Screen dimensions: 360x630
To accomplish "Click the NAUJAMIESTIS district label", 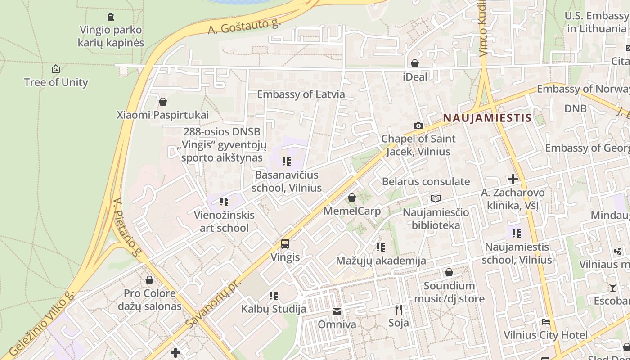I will (487, 118).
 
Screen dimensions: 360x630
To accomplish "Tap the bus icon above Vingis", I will (285, 244).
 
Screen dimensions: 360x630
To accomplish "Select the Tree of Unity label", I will (56, 82).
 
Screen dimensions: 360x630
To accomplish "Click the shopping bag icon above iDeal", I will (415, 63).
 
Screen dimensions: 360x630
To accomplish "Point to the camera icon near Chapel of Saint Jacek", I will (418, 126).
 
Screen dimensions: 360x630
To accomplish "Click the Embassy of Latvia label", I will (301, 94).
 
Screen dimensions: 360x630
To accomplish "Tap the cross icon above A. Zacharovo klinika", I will (513, 179).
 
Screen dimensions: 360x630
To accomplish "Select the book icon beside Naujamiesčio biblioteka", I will (435, 198).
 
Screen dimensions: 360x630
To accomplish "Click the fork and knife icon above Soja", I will (398, 309).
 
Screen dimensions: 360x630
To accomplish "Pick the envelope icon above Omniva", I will (337, 311).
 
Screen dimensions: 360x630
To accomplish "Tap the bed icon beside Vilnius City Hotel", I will (545, 321).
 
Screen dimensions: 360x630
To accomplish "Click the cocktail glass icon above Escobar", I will (612, 287).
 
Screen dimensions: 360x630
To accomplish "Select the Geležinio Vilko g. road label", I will (41, 324).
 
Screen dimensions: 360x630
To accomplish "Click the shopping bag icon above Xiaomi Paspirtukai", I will (163, 102).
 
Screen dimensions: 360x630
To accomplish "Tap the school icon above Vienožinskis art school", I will (224, 201).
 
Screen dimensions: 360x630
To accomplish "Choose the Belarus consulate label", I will (426, 182).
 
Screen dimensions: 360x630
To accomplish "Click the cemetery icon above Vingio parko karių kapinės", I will (111, 17).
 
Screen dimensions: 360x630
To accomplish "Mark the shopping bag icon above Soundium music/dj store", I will (449, 272).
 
